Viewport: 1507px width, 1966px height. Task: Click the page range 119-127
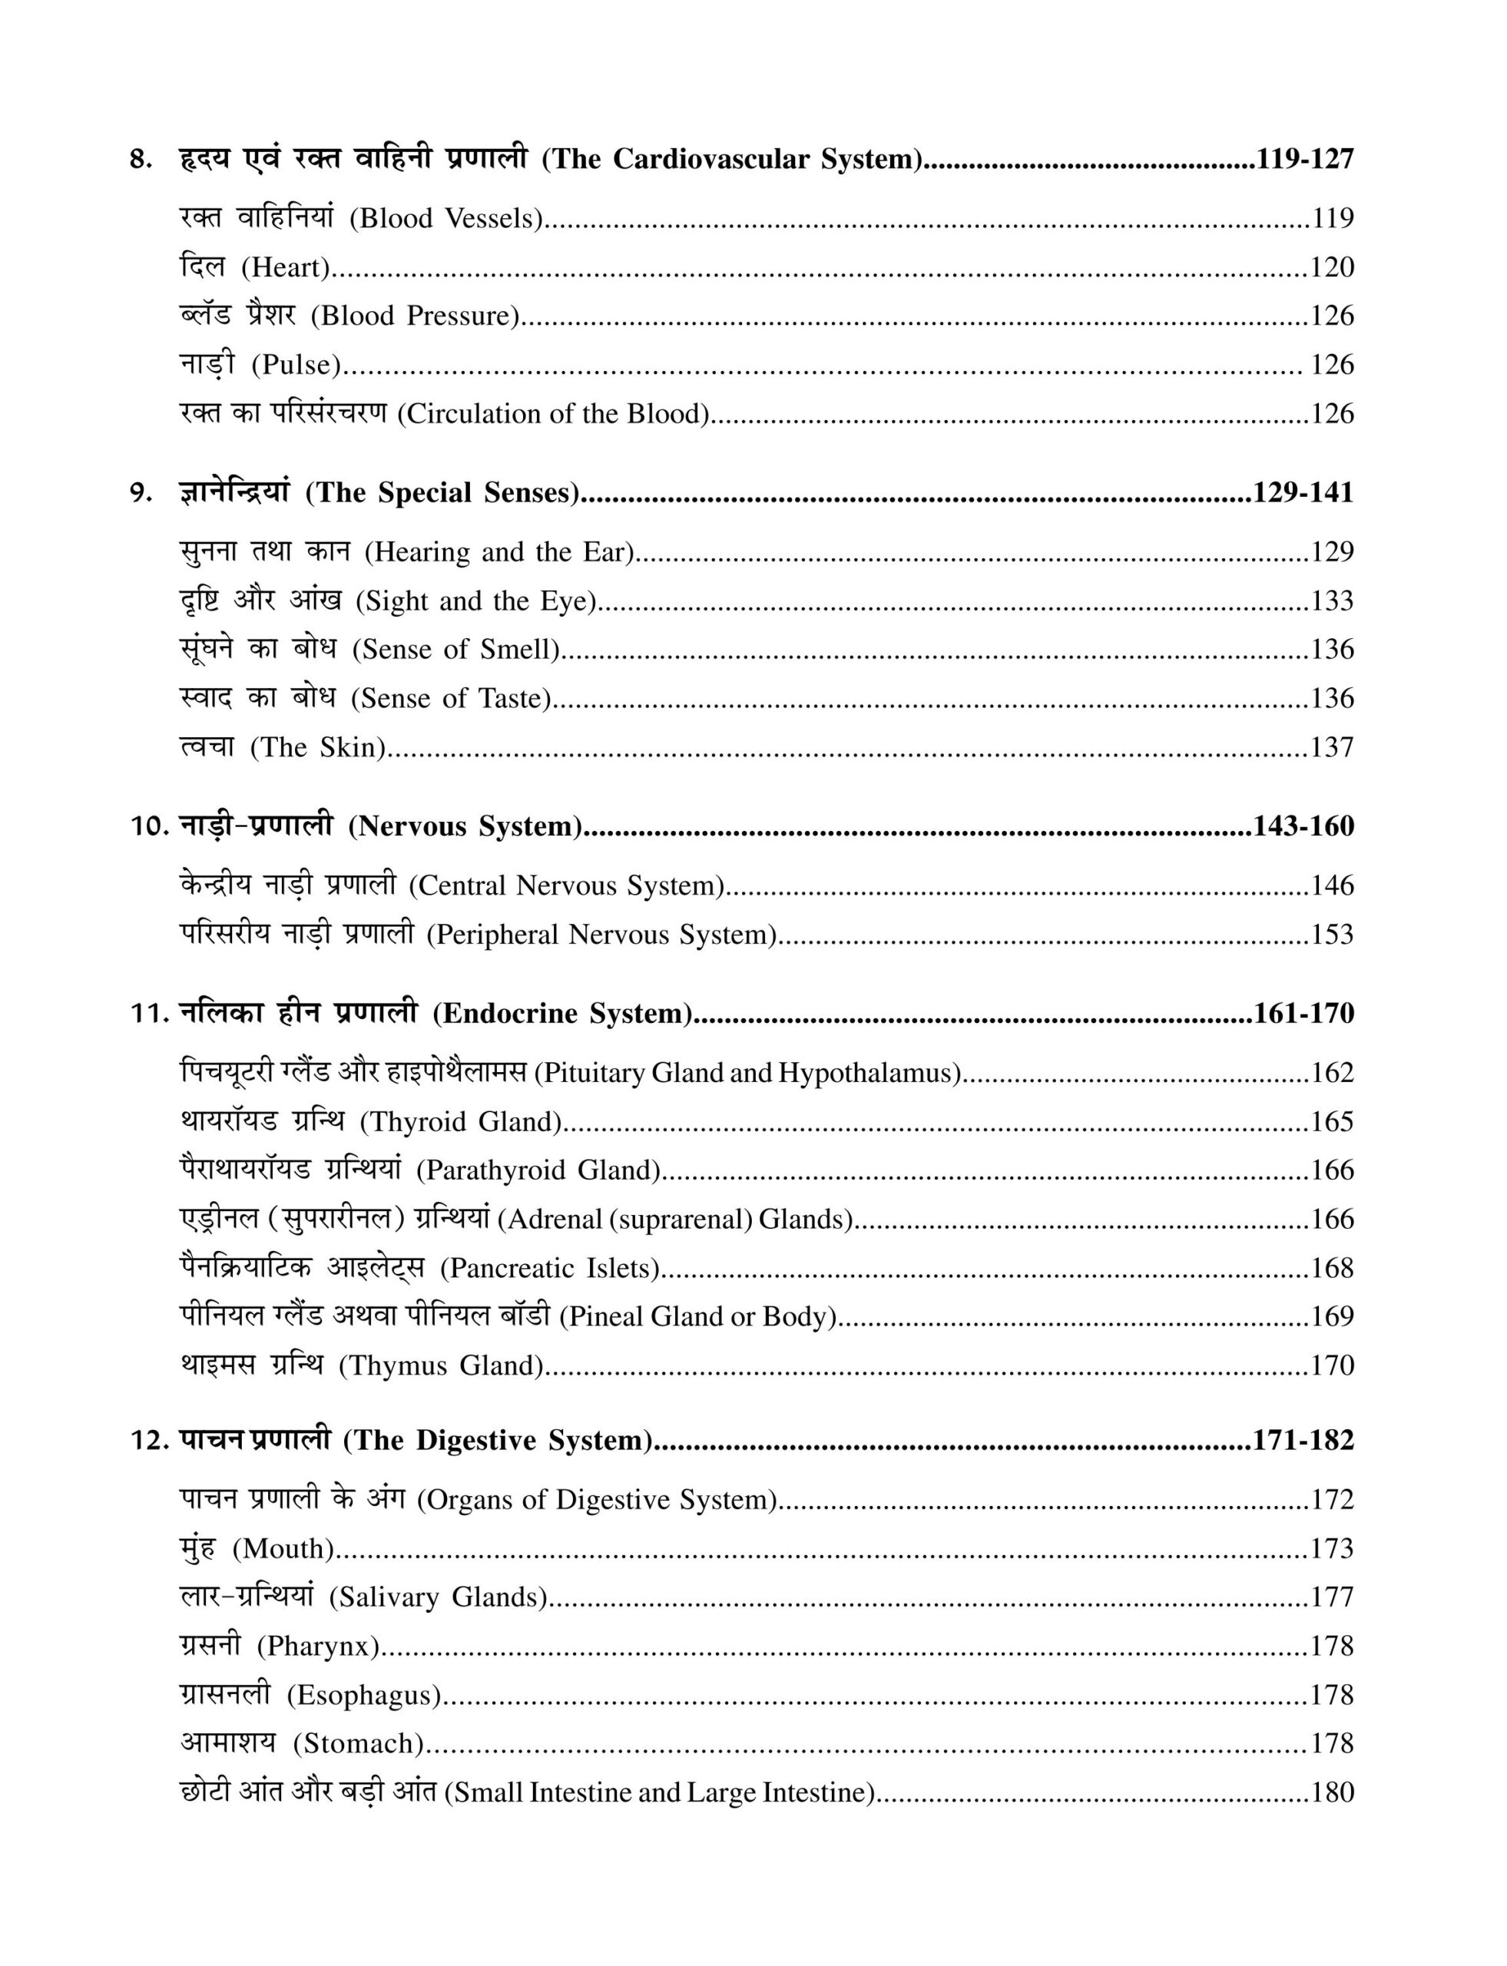pos(1304,159)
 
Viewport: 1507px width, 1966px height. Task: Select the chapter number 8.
pos(140,160)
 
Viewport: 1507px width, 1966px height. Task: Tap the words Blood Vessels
pos(445,218)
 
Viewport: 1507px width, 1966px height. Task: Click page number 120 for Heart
pos(1332,267)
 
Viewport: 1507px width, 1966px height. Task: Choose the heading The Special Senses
pos(442,492)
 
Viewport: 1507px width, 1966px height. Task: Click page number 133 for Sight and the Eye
pos(1332,600)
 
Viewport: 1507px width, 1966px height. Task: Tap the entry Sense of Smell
pos(455,650)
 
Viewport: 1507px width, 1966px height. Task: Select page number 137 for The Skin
pos(1332,747)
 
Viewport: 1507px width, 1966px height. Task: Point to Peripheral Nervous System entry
pos(601,935)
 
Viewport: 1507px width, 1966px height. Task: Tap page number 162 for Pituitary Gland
pos(1332,1073)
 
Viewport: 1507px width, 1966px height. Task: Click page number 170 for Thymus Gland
pos(1332,1366)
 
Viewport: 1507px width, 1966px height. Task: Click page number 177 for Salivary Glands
pos(1332,1597)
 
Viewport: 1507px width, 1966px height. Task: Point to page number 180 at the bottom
pos(1332,1793)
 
